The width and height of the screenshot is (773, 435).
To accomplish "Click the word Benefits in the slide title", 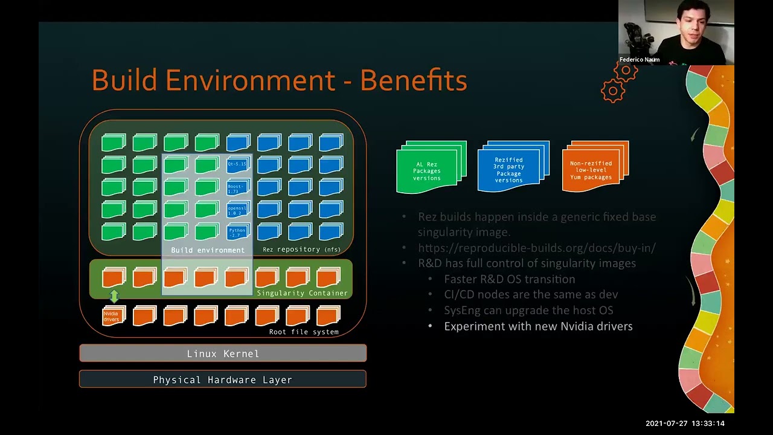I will [x=414, y=80].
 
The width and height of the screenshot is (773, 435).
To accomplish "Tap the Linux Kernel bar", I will [x=223, y=353].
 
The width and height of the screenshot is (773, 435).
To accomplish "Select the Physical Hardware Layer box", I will [x=223, y=379].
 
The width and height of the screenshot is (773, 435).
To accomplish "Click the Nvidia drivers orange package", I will [x=112, y=315].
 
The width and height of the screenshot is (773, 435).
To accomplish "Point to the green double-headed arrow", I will [x=114, y=296].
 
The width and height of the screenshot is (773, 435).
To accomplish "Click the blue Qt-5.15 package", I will [x=237, y=164].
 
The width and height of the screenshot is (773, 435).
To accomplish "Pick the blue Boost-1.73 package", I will [x=237, y=188].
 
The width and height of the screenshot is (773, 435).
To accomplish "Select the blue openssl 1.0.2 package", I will [x=237, y=210].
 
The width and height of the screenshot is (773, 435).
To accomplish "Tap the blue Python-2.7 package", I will [x=237, y=232].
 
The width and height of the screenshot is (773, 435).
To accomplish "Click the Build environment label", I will [x=208, y=250].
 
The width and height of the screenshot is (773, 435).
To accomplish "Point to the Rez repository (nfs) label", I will [x=301, y=250].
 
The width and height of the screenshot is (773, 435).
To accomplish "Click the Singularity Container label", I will [x=302, y=293].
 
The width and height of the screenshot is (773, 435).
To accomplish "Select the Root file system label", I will [x=304, y=332].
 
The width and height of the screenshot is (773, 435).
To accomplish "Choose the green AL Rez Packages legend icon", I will [x=431, y=168].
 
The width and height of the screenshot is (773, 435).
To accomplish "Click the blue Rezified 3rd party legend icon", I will [x=513, y=167].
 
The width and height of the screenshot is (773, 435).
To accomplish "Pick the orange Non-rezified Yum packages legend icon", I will [x=595, y=167].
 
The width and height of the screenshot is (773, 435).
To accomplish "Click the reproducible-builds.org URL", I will [x=536, y=248].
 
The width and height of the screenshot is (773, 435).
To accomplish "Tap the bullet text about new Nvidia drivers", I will [x=538, y=326].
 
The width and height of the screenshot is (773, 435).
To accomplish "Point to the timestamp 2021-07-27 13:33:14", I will [x=685, y=424].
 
